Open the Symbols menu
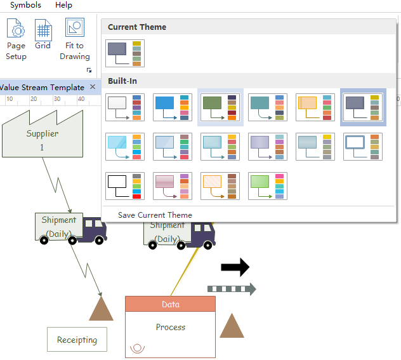[25, 5]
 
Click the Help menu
[63, 5]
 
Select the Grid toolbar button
[43, 35]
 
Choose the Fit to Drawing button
[75, 39]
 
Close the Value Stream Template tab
[93, 87]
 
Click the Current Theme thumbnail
[125, 53]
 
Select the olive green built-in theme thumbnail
[220, 107]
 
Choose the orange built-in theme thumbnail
[315, 107]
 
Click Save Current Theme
[155, 215]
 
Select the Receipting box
[77, 340]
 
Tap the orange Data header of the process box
[170, 304]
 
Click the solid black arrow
[235, 269]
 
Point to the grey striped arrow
[232, 290]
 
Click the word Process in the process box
[171, 328]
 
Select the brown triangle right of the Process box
[232, 326]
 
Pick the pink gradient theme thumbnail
[172, 186]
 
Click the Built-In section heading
[122, 81]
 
